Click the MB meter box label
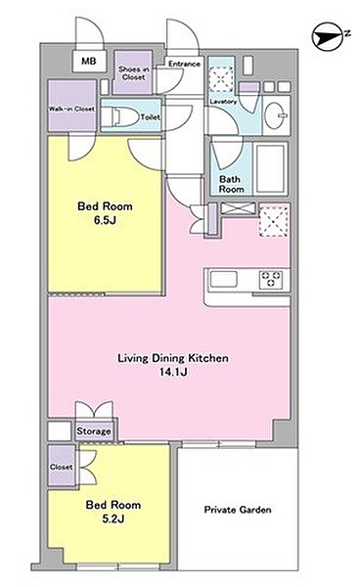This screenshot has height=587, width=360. [89, 61]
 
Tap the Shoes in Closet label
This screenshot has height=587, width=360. [134, 73]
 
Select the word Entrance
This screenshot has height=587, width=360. [184, 64]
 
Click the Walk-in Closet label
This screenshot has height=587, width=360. [71, 109]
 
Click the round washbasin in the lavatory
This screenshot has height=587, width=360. [276, 114]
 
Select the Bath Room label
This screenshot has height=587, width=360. [231, 184]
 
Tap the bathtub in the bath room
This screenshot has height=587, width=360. [271, 168]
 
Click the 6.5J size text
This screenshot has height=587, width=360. [105, 220]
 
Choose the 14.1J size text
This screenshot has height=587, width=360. [173, 372]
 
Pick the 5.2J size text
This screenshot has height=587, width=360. [113, 519]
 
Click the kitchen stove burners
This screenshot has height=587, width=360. [271, 279]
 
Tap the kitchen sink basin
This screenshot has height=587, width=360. [223, 279]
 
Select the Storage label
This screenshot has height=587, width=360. [94, 431]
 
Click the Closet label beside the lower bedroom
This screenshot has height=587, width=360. [61, 467]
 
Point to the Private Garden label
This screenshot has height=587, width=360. [238, 510]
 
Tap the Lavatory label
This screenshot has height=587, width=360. [223, 102]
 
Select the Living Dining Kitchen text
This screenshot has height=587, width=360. [173, 358]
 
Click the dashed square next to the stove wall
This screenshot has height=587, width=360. [274, 221]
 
